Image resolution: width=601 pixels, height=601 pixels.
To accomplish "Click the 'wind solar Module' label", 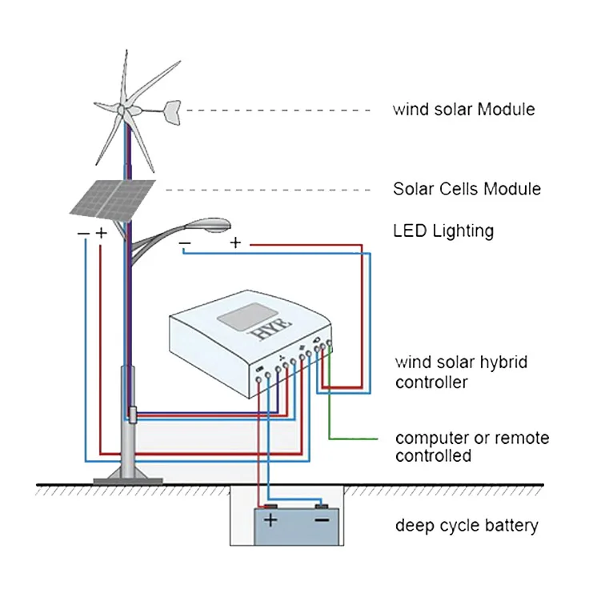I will click(x=463, y=109).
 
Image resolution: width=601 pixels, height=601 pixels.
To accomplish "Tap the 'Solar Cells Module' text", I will click(x=467, y=190).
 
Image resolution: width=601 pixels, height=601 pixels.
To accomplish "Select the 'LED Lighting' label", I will click(x=443, y=231).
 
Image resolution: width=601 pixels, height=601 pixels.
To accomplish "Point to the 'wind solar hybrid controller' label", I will click(x=462, y=372).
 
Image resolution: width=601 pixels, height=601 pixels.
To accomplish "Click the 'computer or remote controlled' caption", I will click(x=472, y=447).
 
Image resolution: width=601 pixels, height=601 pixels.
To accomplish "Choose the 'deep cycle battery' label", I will click(x=467, y=526).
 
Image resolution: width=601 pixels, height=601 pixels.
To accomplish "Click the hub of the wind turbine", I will click(x=122, y=110).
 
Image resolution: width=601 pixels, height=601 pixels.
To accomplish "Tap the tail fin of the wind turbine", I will click(x=171, y=106).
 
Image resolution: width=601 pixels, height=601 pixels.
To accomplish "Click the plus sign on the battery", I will click(x=270, y=521).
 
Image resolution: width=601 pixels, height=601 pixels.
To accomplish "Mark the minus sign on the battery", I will click(x=322, y=521).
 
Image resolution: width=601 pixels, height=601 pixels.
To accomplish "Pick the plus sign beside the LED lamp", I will click(x=235, y=242).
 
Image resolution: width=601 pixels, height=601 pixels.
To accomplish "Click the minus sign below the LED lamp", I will click(x=185, y=242).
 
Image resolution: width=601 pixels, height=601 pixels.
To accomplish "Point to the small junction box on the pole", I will click(x=130, y=415).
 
